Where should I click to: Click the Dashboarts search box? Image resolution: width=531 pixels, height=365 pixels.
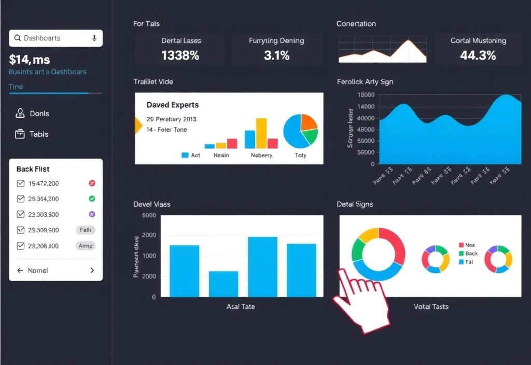tap(52, 38)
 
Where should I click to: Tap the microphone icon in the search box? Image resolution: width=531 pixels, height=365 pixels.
tap(94, 38)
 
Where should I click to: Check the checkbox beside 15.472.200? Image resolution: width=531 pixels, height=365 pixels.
tap(21, 184)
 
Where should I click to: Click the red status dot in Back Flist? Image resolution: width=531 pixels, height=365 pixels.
tap(92, 183)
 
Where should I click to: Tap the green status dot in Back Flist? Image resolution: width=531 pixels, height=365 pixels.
tap(92, 199)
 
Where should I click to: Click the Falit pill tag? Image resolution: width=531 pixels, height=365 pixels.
tap(86, 230)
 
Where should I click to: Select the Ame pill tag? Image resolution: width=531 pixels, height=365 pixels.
tap(86, 246)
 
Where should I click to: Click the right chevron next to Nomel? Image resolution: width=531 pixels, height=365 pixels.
tap(92, 270)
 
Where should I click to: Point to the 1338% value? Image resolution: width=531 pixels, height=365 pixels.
tap(180, 55)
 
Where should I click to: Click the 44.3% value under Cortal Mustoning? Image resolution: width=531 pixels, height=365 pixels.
tap(478, 55)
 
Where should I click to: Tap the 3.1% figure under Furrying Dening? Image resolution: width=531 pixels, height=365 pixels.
tap(276, 55)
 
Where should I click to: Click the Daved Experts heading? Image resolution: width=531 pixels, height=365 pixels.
tap(173, 105)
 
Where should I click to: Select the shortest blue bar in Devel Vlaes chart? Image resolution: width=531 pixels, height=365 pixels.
tap(223, 284)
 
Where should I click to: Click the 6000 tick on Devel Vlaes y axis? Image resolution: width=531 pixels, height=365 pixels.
tap(149, 215)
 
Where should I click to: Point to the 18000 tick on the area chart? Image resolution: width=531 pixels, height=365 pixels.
tap(366, 95)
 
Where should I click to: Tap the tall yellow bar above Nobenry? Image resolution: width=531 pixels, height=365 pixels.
tap(261, 133)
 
